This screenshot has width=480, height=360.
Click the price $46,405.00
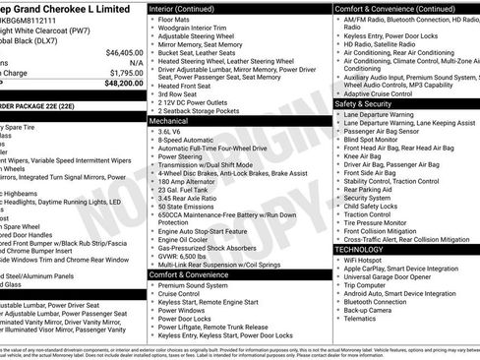point(124,52)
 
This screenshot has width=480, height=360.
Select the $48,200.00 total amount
point(124,84)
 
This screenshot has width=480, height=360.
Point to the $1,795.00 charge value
point(126,73)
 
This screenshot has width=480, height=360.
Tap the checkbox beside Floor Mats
point(153,19)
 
